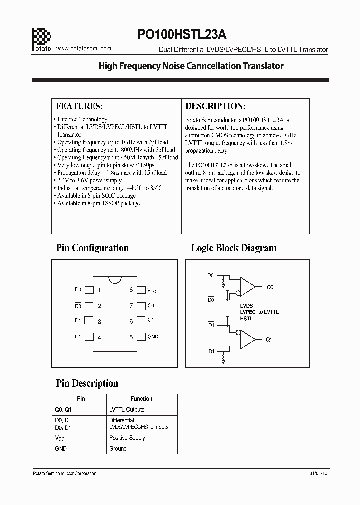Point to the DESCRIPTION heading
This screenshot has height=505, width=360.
pos(215,106)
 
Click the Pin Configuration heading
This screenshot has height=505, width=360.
pos(92,248)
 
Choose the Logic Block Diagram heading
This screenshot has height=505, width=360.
pos(233,248)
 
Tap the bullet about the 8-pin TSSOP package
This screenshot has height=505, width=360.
pos(98,203)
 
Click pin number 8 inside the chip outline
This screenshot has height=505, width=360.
pos(131,290)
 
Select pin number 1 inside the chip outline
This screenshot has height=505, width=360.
pos(100,290)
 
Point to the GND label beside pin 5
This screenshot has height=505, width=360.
pos(153,337)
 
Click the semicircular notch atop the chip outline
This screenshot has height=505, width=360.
pos(115,278)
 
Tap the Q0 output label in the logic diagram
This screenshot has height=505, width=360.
pos(270,288)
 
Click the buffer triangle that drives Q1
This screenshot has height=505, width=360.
pos(247,339)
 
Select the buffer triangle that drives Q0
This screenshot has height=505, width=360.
pos(247,287)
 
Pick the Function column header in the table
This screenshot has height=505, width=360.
pos(141,399)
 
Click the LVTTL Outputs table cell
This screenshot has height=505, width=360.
pos(127,410)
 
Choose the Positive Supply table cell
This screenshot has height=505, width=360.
pos(127,438)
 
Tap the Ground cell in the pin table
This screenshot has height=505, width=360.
pos(118,449)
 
